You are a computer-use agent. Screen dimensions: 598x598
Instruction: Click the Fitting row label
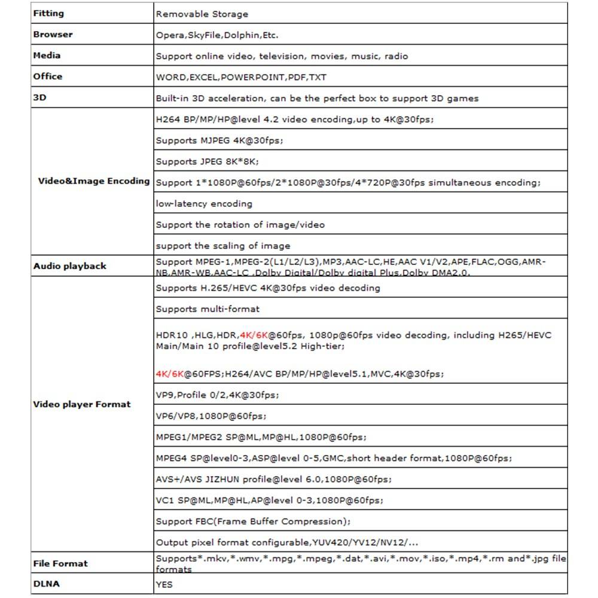point(48,13)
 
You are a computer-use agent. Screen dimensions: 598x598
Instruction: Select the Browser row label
point(53,34)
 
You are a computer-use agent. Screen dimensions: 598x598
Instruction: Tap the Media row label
point(47,55)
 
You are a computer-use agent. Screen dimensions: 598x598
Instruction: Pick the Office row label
point(48,76)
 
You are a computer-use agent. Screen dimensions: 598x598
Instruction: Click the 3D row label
point(39,97)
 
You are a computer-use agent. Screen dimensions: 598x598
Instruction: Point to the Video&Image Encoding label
point(94,181)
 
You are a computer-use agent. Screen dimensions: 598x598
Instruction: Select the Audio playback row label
point(69,266)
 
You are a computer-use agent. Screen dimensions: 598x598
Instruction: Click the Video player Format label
point(81,404)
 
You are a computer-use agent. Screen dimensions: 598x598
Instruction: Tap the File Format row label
point(60,563)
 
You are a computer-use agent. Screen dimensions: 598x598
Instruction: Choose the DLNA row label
point(47,584)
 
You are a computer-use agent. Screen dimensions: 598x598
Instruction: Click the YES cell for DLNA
point(164,584)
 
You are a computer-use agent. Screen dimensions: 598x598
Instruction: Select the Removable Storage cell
point(202,14)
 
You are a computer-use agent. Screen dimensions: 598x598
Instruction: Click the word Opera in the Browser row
point(170,35)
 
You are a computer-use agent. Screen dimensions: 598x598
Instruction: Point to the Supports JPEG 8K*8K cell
point(207,161)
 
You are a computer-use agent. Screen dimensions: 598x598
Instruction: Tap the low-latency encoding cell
point(204,204)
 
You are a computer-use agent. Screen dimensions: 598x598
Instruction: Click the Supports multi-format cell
point(208,309)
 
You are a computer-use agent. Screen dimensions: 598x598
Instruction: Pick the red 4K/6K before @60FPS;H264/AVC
point(169,374)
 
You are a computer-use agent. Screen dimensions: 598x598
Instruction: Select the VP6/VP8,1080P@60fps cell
point(211,416)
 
